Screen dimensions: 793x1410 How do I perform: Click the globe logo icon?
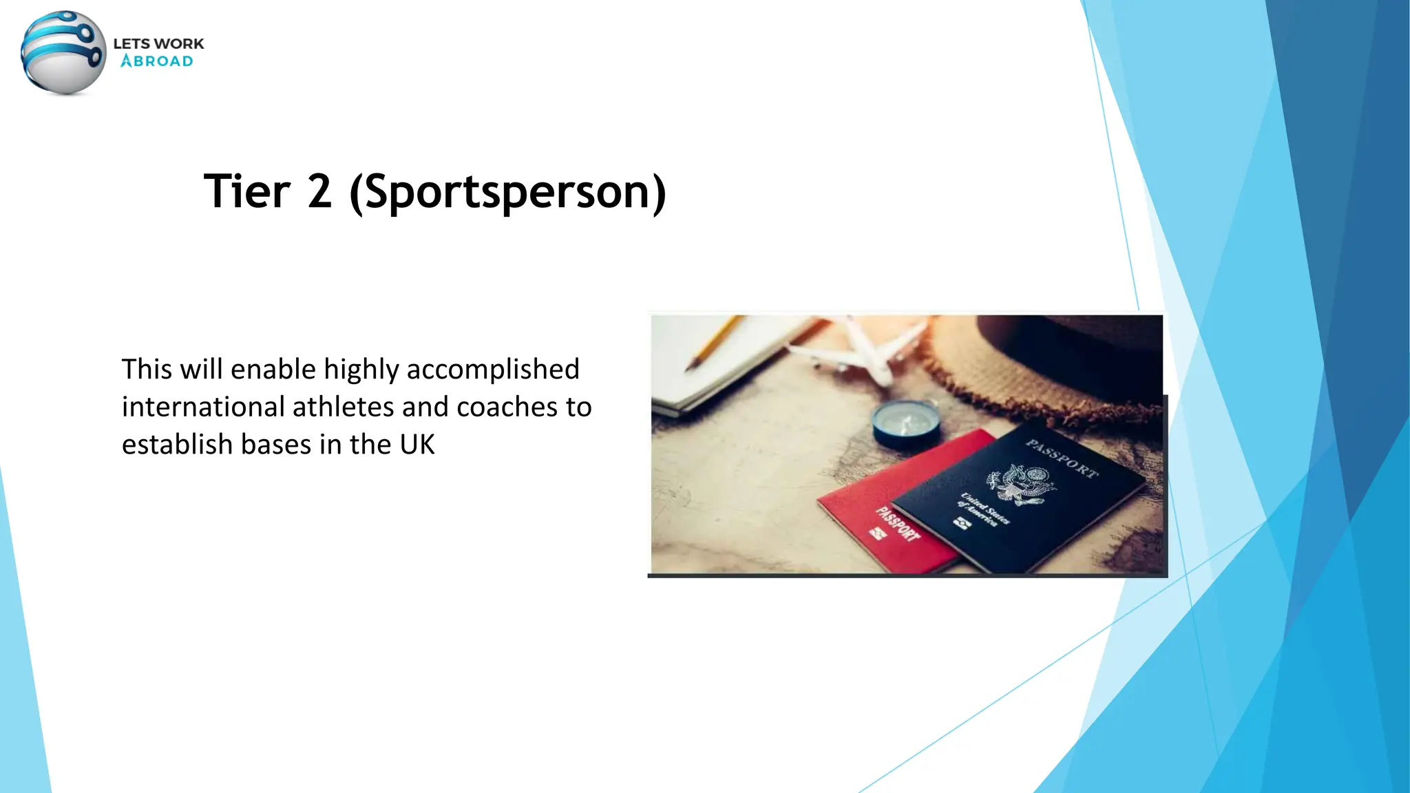(x=63, y=52)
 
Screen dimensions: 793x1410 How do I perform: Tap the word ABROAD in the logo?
(x=157, y=61)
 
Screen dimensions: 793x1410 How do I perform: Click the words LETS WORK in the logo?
(x=158, y=43)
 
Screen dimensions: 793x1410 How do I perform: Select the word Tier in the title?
(x=246, y=191)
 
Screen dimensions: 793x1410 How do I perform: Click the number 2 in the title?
(x=319, y=191)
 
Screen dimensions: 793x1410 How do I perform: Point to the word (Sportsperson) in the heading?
(x=508, y=193)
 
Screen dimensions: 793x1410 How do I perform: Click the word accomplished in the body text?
(x=493, y=370)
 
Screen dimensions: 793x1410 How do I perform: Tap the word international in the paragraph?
(x=203, y=407)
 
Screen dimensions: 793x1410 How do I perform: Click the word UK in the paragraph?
(x=417, y=445)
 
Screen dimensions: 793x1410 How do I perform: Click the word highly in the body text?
(x=361, y=370)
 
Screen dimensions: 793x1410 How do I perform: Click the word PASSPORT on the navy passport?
(x=1062, y=458)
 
